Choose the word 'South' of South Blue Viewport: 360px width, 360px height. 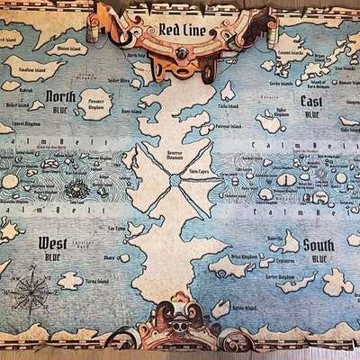click(319, 245)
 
